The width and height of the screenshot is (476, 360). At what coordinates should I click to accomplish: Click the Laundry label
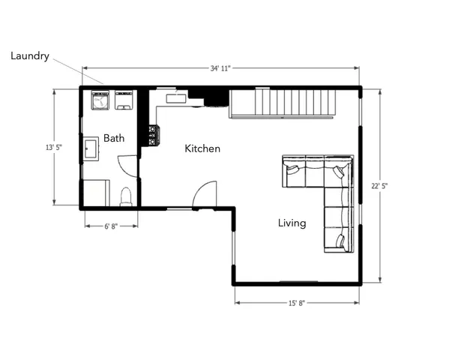(30, 56)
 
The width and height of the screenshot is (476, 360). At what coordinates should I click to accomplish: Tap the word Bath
(114, 138)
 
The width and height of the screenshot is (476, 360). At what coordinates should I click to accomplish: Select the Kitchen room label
(202, 148)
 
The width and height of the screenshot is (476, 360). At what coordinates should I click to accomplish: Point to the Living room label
(292, 223)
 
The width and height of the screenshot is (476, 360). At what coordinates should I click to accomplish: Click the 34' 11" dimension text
(220, 68)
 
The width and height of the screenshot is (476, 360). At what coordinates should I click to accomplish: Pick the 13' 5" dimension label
(54, 148)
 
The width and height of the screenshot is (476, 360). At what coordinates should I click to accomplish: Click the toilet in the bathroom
(126, 196)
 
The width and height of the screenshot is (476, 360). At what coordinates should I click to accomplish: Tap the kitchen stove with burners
(153, 135)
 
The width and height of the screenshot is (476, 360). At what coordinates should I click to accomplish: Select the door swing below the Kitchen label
(205, 195)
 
